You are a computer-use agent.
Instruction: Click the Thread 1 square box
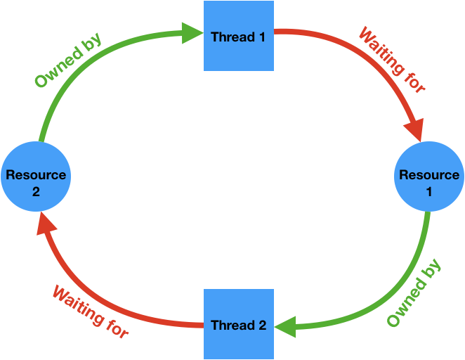click(239, 36)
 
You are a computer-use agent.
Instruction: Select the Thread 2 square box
click(239, 324)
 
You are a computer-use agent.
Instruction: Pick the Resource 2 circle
click(36, 182)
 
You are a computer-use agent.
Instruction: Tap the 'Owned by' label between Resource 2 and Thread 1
click(68, 60)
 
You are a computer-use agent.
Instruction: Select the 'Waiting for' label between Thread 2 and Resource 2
click(91, 311)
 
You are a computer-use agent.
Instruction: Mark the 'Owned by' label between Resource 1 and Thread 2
click(414, 293)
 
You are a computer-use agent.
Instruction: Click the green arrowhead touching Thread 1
click(192, 32)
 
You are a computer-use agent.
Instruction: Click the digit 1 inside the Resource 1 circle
click(429, 190)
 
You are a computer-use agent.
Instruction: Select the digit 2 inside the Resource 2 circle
click(36, 190)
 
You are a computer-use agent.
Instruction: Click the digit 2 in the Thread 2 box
click(262, 326)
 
